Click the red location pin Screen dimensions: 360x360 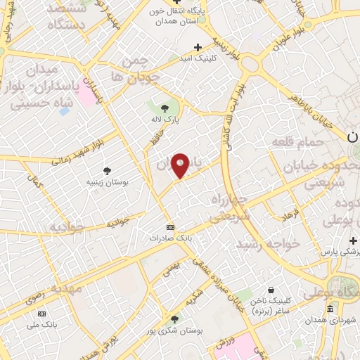[181, 165]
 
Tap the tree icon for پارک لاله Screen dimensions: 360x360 [165, 108]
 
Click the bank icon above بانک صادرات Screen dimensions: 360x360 [169, 228]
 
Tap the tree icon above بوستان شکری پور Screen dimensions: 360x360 [174, 319]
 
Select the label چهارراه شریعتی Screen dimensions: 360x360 [226, 208]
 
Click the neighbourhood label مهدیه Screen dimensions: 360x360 [65, 288]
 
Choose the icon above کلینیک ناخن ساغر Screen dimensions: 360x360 [271, 290]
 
